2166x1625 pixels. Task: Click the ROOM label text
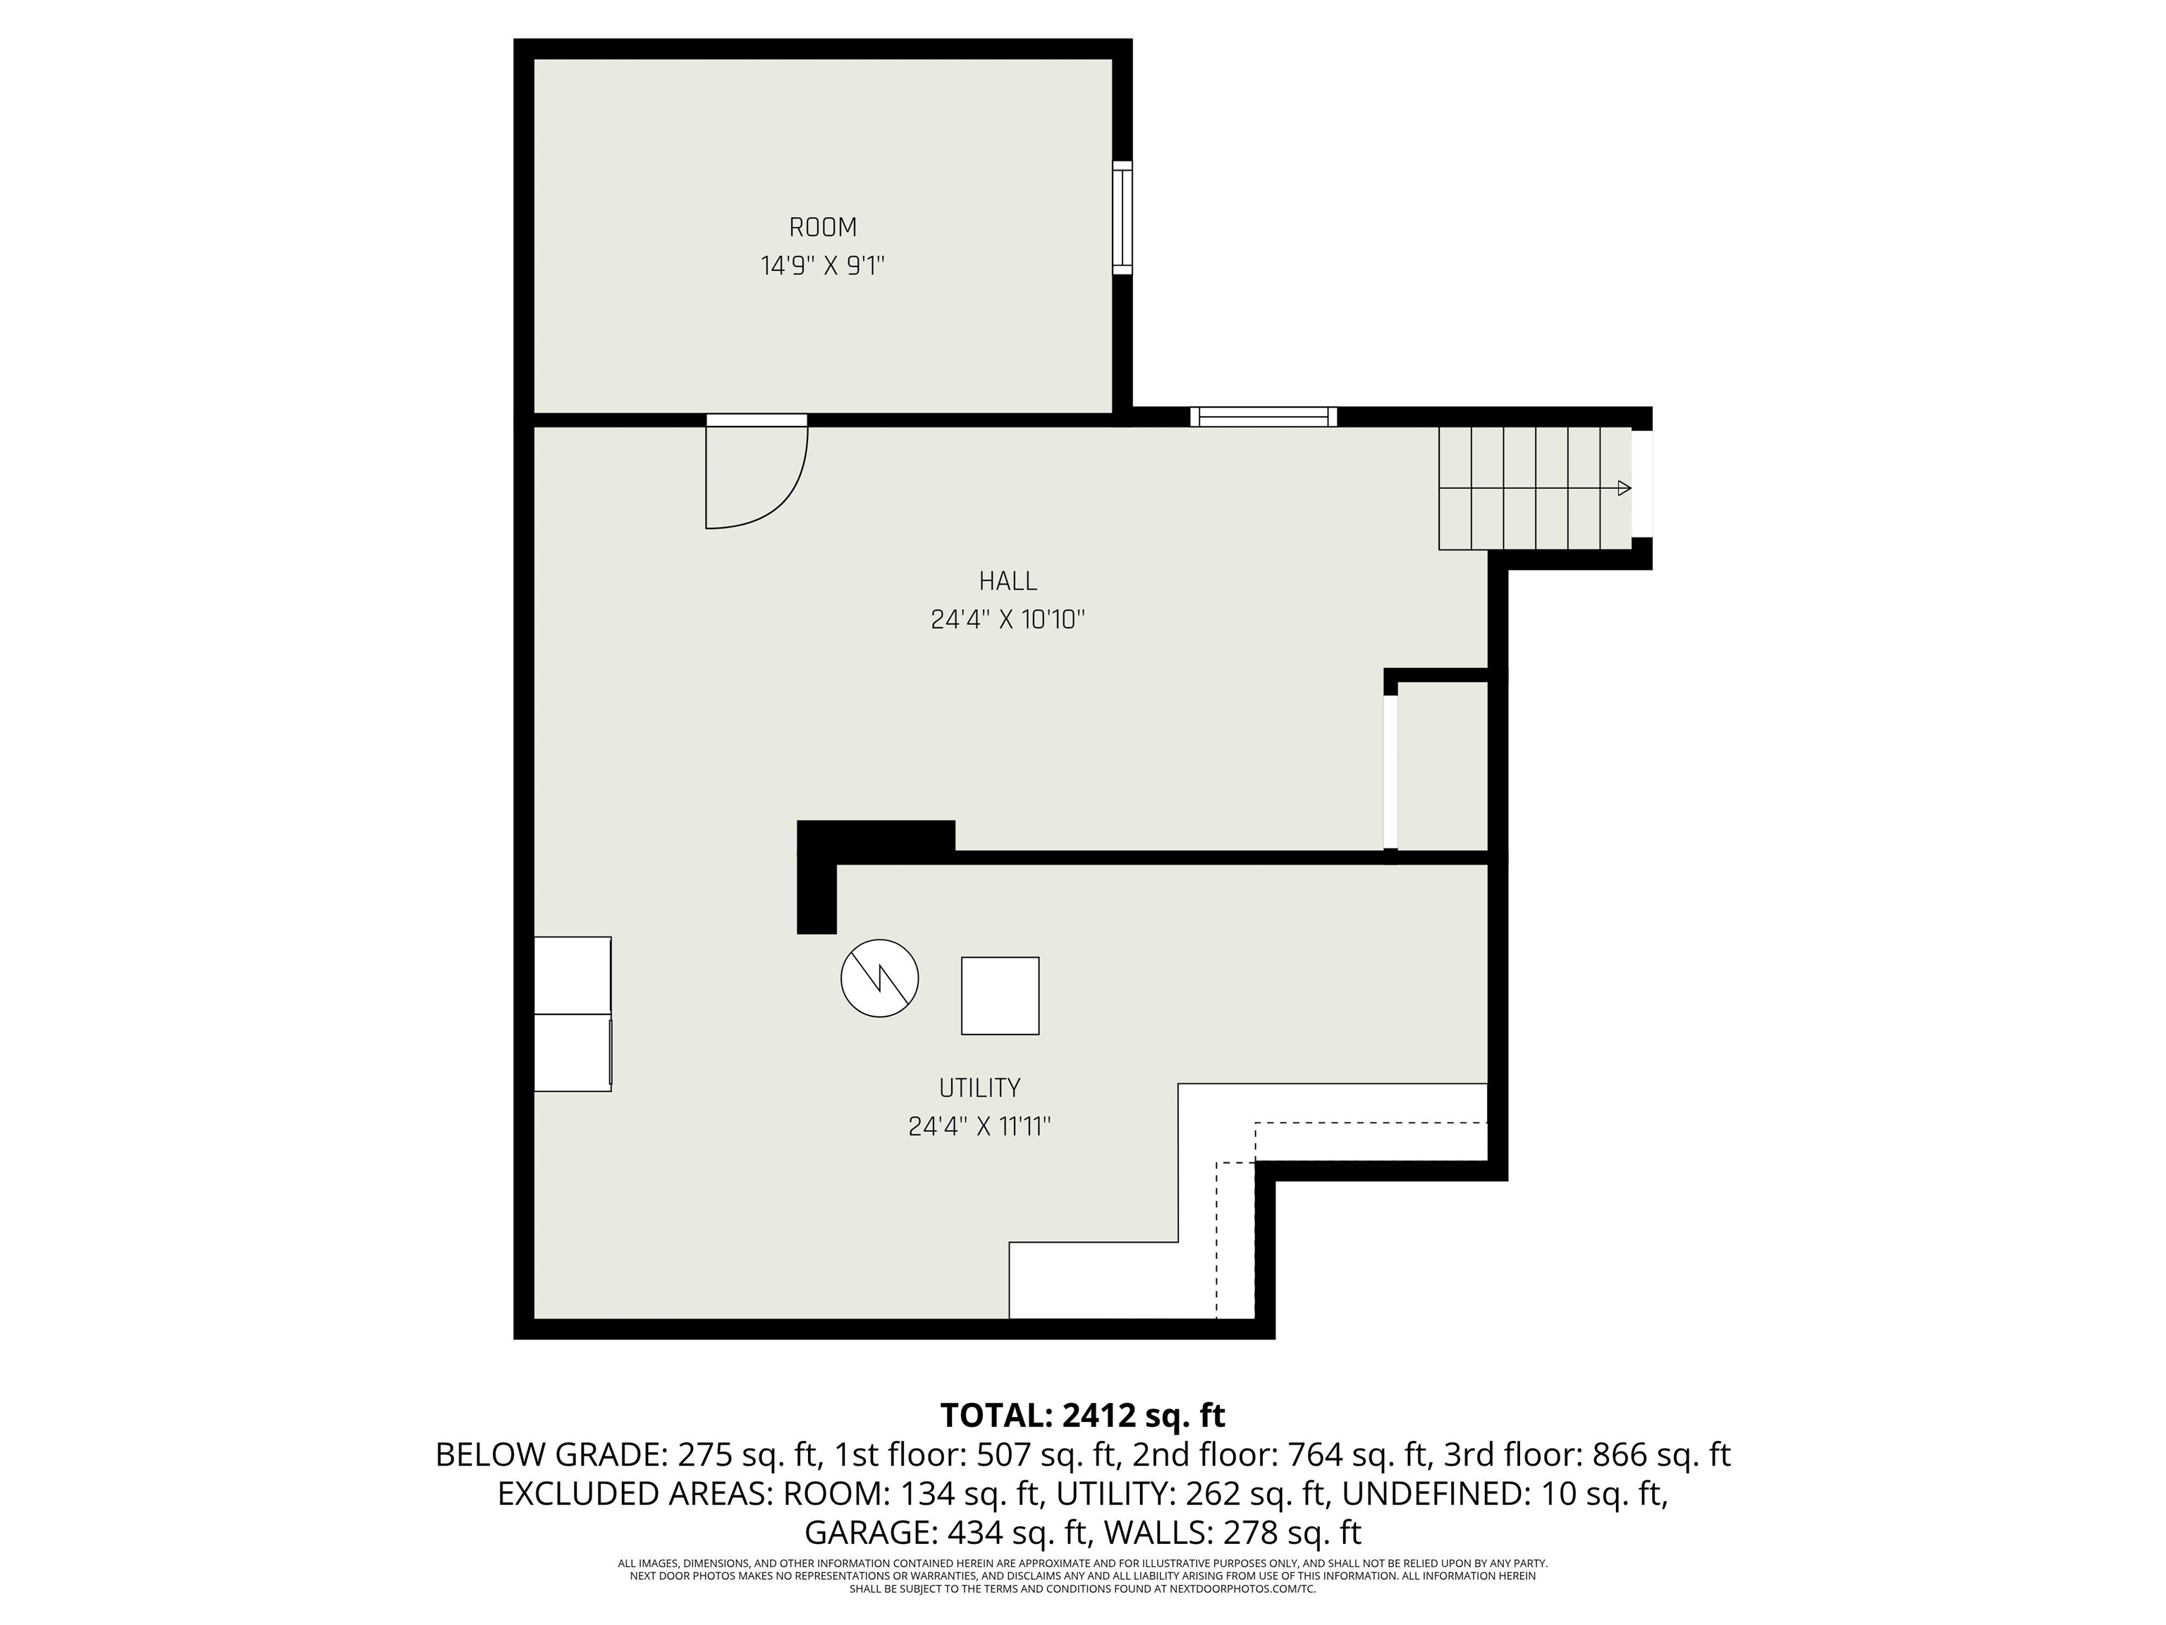click(823, 227)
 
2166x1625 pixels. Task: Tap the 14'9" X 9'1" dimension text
click(823, 265)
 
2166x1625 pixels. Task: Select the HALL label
click(1008, 581)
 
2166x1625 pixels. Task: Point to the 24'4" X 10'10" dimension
click(1008, 619)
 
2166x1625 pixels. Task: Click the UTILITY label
click(979, 1088)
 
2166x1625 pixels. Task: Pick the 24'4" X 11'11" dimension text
click(979, 1126)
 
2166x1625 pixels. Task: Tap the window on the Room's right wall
click(1122, 217)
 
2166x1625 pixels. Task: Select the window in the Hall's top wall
click(1263, 416)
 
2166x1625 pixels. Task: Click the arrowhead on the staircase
click(1624, 488)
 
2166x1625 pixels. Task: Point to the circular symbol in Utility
click(879, 978)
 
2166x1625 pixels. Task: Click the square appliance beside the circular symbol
click(1000, 995)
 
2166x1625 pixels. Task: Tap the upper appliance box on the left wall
click(573, 975)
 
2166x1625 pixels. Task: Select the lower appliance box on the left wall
click(573, 1052)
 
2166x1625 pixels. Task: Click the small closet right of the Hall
click(1443, 766)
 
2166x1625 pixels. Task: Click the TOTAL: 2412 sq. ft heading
click(1083, 1416)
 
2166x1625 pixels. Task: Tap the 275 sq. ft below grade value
click(746, 1454)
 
